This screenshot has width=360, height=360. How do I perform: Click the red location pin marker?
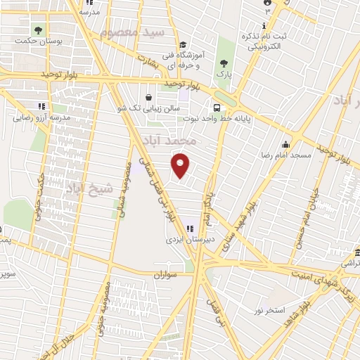[x=181, y=165]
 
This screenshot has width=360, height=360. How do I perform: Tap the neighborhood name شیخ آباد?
[x=90, y=188]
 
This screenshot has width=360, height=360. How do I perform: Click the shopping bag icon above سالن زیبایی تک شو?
[x=148, y=98]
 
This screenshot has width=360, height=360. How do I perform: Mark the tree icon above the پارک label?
[x=224, y=59]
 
